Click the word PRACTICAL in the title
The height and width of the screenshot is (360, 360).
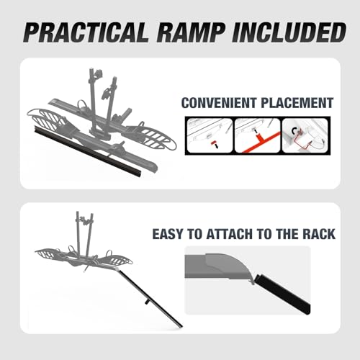tap(86, 32)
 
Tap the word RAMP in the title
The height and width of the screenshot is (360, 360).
tap(191, 32)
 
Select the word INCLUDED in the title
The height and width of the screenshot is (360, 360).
tap(289, 32)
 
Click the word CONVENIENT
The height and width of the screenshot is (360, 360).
tap(219, 103)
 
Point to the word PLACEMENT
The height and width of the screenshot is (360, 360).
tap(297, 103)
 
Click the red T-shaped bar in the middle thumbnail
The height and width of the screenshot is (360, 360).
tap(261, 141)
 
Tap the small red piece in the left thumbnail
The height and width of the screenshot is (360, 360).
tap(213, 143)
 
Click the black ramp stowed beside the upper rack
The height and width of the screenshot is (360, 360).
tap(88, 150)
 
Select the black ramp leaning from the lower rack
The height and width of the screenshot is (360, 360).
tap(150, 298)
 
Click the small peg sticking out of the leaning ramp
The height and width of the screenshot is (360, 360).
tap(146, 302)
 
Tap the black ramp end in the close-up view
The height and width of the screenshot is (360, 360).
tap(283, 294)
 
